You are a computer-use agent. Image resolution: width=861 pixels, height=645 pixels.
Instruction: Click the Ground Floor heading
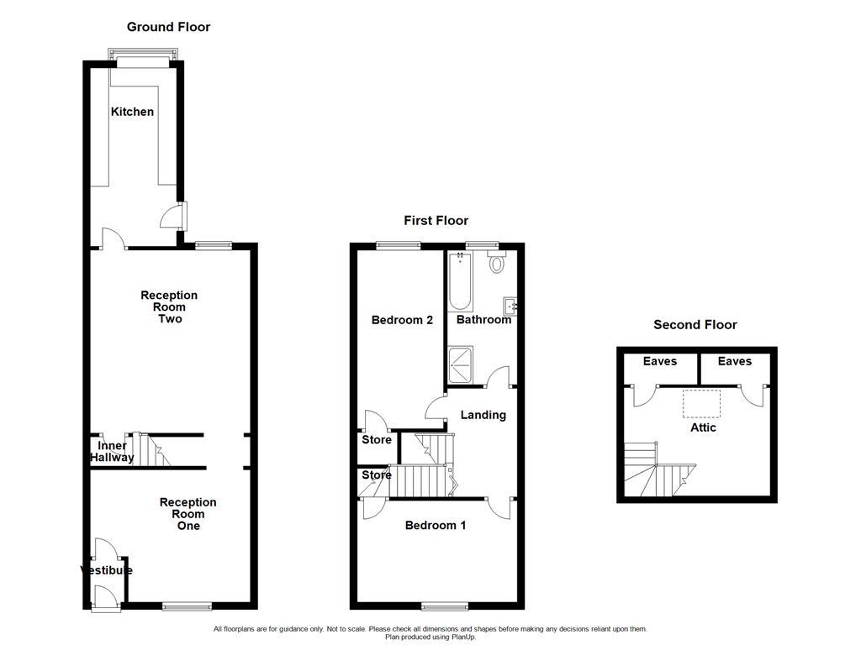coord(168,27)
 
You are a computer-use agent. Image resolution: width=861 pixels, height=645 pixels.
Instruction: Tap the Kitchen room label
coord(133,112)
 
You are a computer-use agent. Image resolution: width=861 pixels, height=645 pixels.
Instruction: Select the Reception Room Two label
coord(169,307)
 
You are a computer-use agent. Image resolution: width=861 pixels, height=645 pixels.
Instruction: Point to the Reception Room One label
coord(188,514)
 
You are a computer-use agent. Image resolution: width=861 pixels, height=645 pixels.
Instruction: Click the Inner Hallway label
coord(113,452)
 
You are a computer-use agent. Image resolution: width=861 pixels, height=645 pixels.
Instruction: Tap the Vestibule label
coord(107,570)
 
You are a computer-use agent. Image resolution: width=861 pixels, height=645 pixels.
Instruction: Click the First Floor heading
coord(436,220)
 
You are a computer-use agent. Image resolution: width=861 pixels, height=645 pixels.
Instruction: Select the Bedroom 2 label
coord(402,320)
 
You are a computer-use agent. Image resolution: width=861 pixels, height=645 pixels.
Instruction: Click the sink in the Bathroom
coord(510,305)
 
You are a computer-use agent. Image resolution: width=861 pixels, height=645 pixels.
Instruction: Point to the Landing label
coord(483,415)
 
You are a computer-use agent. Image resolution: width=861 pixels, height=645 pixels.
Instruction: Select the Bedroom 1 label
coord(436,526)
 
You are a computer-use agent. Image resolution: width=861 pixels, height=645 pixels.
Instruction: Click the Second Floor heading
coord(695,324)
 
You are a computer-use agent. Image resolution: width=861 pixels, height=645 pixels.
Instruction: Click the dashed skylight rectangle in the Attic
coord(702,403)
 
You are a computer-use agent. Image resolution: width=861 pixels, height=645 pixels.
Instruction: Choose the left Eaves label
coord(660,361)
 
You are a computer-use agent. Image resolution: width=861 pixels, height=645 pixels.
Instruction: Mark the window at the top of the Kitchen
coord(143,60)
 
